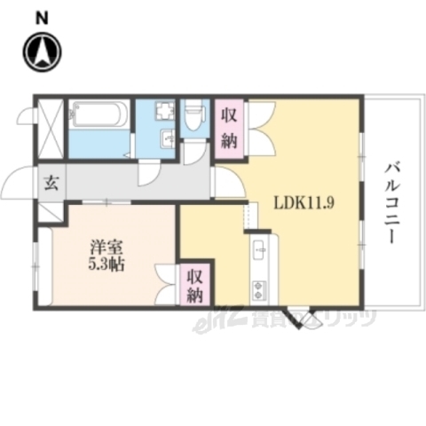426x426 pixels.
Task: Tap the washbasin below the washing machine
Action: (165, 138)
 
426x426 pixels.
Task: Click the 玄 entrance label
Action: (51, 185)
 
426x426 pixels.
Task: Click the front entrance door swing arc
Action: (18, 183)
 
